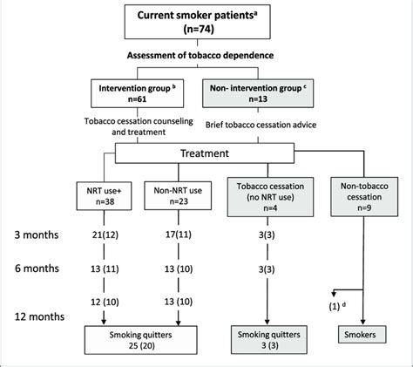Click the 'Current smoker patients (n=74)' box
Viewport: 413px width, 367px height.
[x=207, y=22]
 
